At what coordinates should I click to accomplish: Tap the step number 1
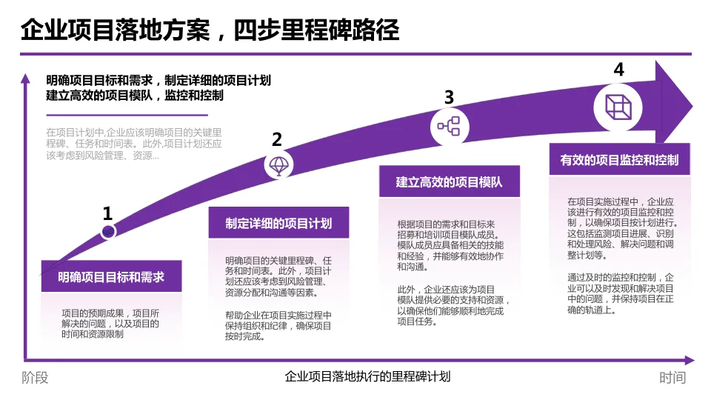(x=107, y=214)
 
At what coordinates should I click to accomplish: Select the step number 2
(x=277, y=140)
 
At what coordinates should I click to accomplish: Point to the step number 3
(x=449, y=97)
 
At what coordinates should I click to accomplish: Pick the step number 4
(x=618, y=70)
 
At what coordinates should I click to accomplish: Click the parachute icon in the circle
(x=279, y=165)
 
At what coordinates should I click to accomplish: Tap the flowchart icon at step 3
(x=448, y=126)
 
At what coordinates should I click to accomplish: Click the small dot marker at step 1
(x=108, y=232)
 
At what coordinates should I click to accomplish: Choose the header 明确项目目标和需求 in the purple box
(x=111, y=278)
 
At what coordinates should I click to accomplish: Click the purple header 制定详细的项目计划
(x=278, y=224)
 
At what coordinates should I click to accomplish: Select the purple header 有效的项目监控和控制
(x=619, y=159)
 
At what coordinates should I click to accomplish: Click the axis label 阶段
(x=35, y=378)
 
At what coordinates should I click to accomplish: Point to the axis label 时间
(x=672, y=378)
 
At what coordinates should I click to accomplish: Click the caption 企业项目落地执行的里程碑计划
(x=367, y=376)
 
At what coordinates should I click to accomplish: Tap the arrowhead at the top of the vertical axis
(x=26, y=78)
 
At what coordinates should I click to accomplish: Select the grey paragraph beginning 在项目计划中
(x=133, y=144)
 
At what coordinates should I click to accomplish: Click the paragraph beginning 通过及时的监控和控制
(x=621, y=293)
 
